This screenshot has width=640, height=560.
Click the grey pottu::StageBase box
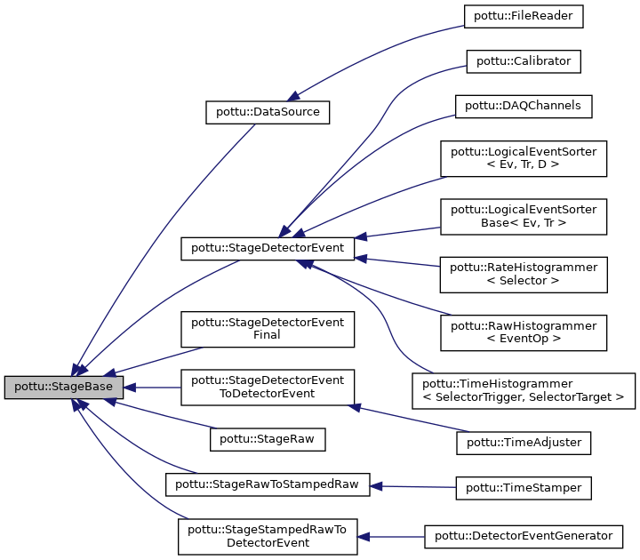[x=62, y=388]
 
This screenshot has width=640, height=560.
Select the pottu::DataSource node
[x=268, y=113]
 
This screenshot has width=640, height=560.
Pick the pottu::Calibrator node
[x=524, y=61]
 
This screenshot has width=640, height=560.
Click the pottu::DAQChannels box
[x=524, y=106]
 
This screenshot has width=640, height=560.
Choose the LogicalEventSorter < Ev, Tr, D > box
[x=524, y=159]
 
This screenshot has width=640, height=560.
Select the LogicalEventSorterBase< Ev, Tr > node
[x=524, y=217]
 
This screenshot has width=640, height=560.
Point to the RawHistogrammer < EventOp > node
[x=524, y=332]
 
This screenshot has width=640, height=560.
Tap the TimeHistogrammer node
[x=524, y=390]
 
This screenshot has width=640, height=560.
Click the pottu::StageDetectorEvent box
[x=268, y=248]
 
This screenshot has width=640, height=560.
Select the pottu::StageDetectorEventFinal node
[x=268, y=329]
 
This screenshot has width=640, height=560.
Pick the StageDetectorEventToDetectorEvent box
[x=268, y=387]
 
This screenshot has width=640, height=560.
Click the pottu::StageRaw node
[x=268, y=438]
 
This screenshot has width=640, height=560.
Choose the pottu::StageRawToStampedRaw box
[x=268, y=485]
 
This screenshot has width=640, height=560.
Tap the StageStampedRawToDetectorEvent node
[x=268, y=536]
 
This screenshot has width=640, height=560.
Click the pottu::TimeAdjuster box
[x=524, y=440]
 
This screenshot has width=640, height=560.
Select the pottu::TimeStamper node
[x=524, y=487]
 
